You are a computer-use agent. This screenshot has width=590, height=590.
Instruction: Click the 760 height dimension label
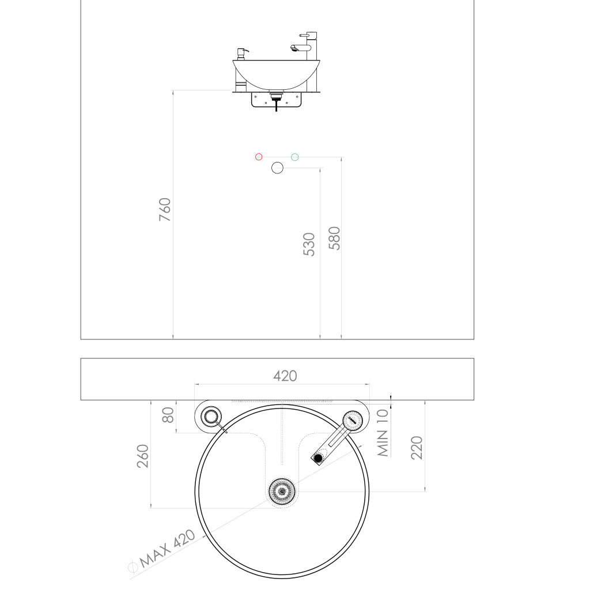coord(165,209)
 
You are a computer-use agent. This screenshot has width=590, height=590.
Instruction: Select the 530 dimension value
coord(309,244)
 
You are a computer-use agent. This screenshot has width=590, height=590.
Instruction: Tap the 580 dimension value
coord(334,238)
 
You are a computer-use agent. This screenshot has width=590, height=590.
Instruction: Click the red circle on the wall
coord(259,157)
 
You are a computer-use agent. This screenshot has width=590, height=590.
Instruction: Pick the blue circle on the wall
coord(295,157)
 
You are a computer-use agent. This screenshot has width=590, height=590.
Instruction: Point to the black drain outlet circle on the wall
coord(277,168)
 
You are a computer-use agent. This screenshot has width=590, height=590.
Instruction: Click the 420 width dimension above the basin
coord(285,376)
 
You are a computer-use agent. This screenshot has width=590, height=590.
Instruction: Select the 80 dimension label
coord(168,415)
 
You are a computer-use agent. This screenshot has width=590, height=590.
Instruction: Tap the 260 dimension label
coord(143,456)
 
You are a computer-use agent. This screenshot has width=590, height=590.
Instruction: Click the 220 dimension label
coord(417,448)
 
